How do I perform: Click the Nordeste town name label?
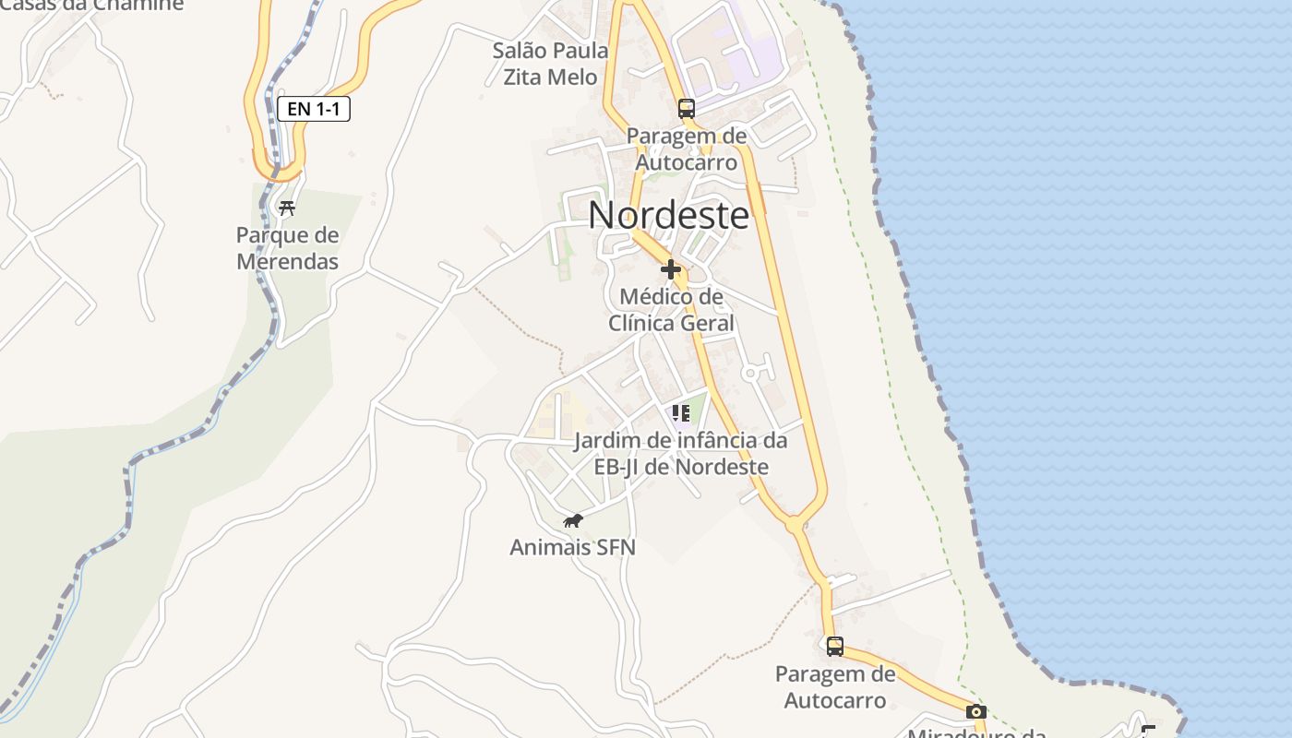point(669,215)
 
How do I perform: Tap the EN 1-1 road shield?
point(314,109)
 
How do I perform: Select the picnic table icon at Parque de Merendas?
point(287,208)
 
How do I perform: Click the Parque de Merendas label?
point(287,248)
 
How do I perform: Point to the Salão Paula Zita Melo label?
point(550,64)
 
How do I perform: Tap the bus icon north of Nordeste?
point(686,108)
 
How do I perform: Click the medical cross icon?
point(671,269)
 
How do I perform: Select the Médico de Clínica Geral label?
point(671,310)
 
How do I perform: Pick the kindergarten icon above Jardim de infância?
point(681,412)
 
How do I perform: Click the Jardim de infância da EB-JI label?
point(681,453)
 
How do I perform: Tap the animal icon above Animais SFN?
point(573,521)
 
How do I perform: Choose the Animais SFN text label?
point(573,547)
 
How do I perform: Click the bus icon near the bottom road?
point(834,646)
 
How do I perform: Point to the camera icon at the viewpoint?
point(975,711)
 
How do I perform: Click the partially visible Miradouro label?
point(976,733)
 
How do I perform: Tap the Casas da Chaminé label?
point(92,5)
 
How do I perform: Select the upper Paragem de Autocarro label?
point(686,149)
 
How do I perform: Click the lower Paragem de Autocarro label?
point(834,686)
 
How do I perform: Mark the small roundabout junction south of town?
point(795,524)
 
